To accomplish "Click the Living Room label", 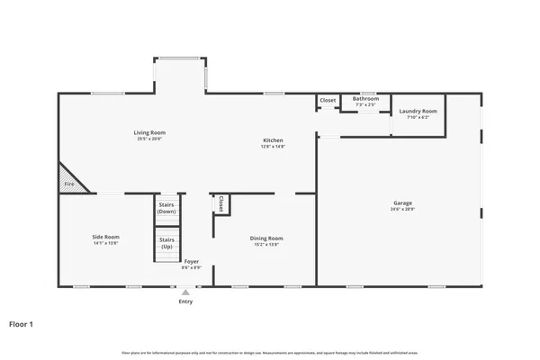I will [150, 132].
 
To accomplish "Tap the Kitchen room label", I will [273, 139].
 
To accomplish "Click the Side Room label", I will [105, 238].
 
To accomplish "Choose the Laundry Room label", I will [418, 112].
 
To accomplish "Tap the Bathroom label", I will [365, 98].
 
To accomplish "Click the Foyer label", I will [191, 262].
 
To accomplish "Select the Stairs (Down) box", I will [166, 208].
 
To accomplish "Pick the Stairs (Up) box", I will [166, 243].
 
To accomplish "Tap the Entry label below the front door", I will [185, 301].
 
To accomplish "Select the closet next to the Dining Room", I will [220, 204].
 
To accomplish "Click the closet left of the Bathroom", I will [328, 100].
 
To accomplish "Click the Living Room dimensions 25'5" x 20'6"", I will [150, 139].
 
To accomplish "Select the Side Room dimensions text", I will [105, 244].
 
